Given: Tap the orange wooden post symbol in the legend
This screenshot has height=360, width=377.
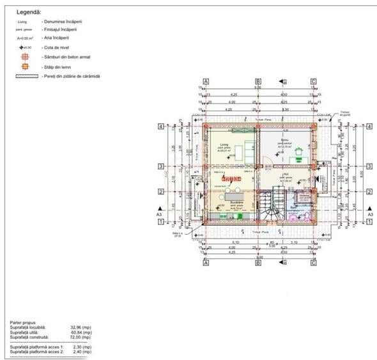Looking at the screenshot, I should tap(22, 67).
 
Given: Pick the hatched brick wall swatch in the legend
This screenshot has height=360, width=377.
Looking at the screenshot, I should tap(22, 76).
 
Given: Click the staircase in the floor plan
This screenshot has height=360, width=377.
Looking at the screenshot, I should tap(272, 205).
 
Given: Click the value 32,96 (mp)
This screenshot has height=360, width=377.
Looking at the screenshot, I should tap(81, 327).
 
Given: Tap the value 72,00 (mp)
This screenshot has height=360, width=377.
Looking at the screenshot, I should tap(81, 337).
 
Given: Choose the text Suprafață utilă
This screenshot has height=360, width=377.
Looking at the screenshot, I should tap(29, 333).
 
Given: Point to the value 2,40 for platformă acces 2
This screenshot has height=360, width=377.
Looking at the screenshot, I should tap(81, 352).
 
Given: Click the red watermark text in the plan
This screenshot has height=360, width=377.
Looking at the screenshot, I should tap(230, 178).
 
